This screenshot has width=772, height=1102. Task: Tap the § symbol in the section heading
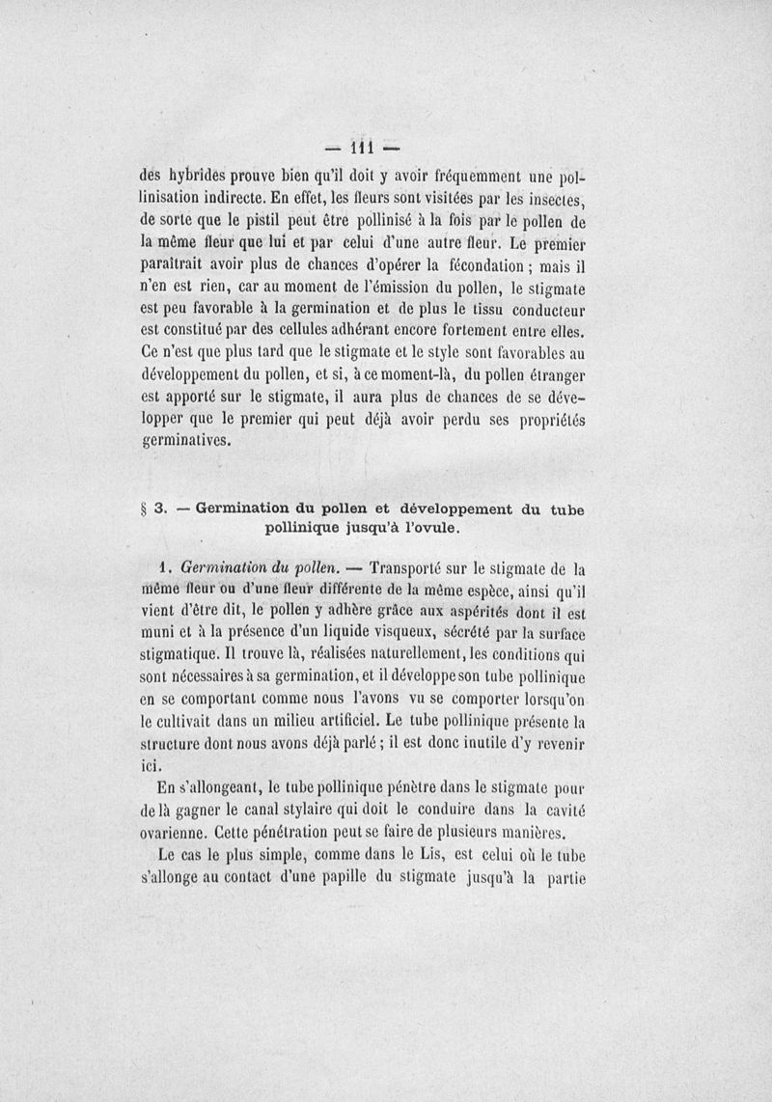coord(145,510)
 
